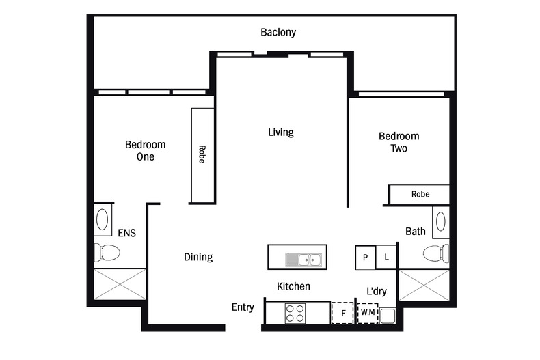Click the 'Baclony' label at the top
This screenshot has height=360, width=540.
pyautogui.click(x=278, y=32)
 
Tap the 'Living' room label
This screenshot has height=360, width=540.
pyautogui.click(x=280, y=132)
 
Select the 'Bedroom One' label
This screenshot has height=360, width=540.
pyautogui.click(x=145, y=150)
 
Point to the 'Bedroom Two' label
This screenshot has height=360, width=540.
pyautogui.click(x=399, y=142)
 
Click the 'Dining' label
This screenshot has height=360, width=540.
pyautogui.click(x=198, y=257)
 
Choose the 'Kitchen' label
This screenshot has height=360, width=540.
pyautogui.click(x=293, y=286)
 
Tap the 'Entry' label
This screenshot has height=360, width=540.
pyautogui.click(x=243, y=307)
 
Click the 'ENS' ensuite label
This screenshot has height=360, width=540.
pyautogui.click(x=126, y=233)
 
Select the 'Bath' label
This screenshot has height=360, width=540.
pyautogui.click(x=415, y=232)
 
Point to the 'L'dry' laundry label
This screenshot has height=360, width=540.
pyautogui.click(x=376, y=291)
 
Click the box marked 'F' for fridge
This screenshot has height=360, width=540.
pyautogui.click(x=342, y=313)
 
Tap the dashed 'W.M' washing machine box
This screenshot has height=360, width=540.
pyautogui.click(x=368, y=313)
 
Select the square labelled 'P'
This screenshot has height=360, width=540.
pyautogui.click(x=366, y=257)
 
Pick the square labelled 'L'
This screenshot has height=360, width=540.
pyautogui.click(x=386, y=257)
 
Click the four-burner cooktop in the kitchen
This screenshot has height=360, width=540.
pyautogui.click(x=295, y=313)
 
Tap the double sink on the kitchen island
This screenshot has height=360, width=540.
pyautogui.click(x=303, y=259)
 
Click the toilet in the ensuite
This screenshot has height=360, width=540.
pyautogui.click(x=106, y=253)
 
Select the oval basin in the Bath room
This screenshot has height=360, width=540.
pyautogui.click(x=440, y=221)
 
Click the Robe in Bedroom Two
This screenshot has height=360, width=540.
pyautogui.click(x=420, y=194)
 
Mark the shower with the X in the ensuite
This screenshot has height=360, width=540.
pyautogui.click(x=120, y=283)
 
